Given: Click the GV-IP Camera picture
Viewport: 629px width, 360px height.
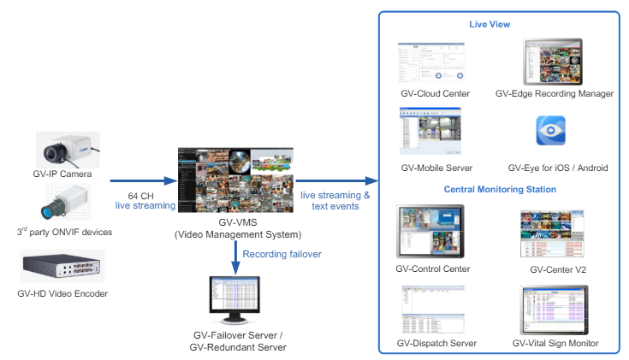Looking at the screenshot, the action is click(68, 150).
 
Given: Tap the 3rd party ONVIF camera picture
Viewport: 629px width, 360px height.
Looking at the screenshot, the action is click(66, 203).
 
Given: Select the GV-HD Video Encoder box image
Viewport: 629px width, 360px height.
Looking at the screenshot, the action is click(62, 266).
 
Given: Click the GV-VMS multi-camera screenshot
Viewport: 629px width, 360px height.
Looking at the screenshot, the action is click(235, 180).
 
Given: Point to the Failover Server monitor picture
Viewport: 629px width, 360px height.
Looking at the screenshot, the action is click(234, 300).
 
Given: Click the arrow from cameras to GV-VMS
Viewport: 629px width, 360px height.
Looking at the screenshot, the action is click(144, 180).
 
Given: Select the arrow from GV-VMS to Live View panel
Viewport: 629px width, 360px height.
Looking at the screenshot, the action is click(337, 180).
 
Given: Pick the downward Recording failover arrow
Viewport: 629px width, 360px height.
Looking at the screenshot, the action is click(236, 258).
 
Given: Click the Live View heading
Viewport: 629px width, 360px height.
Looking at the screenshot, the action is click(490, 25).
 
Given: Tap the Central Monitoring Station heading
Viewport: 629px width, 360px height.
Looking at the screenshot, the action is click(500, 189).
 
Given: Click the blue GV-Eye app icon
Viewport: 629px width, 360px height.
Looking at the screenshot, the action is click(551, 131).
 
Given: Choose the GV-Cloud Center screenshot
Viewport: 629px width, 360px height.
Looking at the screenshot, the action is click(431, 62).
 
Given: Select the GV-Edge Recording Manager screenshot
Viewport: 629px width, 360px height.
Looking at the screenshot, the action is click(553, 62).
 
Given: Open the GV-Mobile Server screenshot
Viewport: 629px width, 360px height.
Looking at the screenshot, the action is click(430, 131).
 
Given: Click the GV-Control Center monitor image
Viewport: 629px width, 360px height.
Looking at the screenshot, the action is click(430, 232).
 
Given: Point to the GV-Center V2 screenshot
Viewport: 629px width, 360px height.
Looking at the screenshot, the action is click(552, 233).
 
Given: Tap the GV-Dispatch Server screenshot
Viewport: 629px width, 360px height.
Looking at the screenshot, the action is click(433, 309).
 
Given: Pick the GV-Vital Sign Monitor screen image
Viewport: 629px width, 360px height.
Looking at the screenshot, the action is click(554, 310).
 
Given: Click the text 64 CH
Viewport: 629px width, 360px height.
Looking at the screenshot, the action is click(141, 196).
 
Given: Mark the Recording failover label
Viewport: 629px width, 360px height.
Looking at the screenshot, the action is click(282, 254).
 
